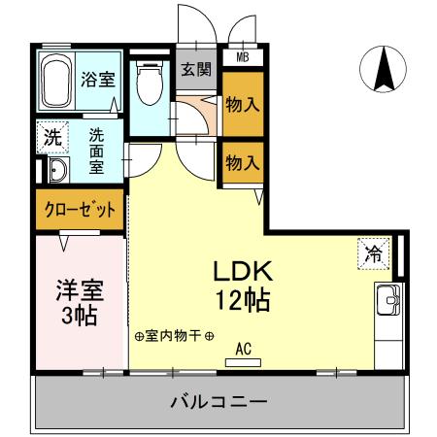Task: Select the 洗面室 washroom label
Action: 98,151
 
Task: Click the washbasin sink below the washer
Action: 56,172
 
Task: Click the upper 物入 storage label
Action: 241,105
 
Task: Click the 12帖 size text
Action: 244,298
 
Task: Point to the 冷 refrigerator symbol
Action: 373,253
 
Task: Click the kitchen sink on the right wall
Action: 387,301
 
